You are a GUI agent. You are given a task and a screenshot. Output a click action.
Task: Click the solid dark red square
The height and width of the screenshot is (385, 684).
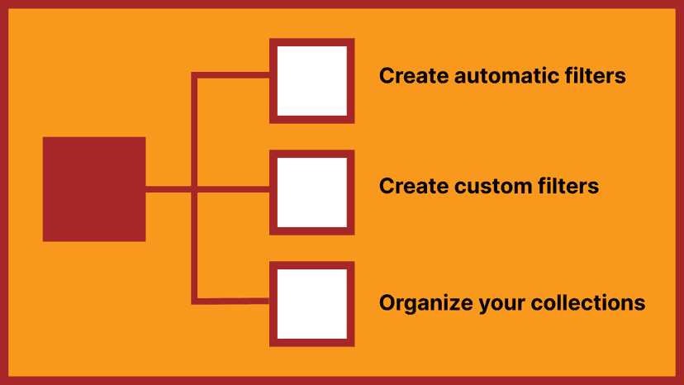[x=94, y=189]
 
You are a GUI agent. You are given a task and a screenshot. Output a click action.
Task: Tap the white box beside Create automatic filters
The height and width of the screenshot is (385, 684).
[x=312, y=81]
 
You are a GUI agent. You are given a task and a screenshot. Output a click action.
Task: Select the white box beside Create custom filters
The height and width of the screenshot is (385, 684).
[x=312, y=192]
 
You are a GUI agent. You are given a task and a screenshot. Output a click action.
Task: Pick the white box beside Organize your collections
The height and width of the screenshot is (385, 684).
[x=312, y=304]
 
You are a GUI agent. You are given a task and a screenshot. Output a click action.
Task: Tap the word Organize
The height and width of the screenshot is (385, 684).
[x=425, y=303]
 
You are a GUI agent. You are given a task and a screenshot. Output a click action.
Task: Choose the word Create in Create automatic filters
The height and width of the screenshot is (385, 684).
[x=414, y=75]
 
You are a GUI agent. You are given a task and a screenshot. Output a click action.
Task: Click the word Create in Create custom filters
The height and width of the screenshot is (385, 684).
[x=414, y=186]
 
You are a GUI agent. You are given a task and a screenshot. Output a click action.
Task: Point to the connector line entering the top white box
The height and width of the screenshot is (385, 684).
[x=230, y=75]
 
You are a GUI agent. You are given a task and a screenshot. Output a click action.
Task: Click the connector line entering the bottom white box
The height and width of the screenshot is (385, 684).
[x=230, y=301]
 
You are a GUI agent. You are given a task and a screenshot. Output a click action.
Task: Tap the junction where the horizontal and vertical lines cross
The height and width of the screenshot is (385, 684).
[x=195, y=189]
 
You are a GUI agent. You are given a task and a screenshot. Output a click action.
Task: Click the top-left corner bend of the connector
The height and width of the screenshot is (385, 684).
[x=195, y=75]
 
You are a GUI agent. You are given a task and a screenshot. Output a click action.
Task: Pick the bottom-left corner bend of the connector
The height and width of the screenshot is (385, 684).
[x=195, y=301]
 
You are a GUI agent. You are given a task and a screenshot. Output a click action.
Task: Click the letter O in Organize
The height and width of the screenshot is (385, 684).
[x=387, y=302]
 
